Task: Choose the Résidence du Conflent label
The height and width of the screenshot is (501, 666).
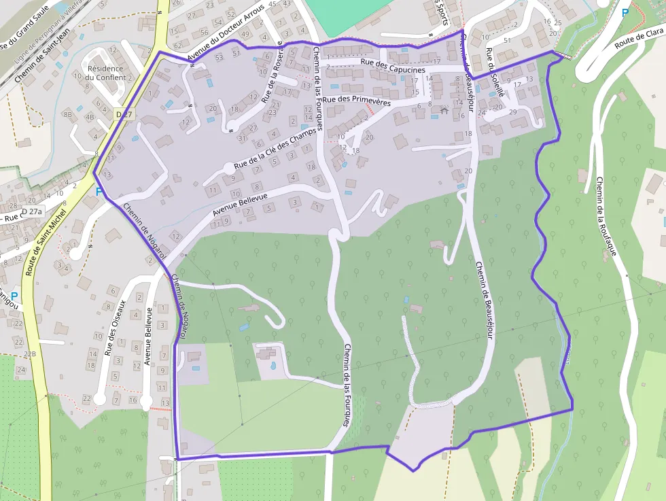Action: pos(105,73)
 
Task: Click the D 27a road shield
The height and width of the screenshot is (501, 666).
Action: pos(31,212)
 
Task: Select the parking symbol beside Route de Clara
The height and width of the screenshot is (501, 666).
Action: pos(625,12)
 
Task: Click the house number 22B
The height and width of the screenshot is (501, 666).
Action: pos(29,354)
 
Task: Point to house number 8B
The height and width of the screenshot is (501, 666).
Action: pos(67,115)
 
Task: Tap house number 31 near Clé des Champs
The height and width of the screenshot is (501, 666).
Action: pos(242,138)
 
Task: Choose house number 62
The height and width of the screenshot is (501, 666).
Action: pos(177,46)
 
